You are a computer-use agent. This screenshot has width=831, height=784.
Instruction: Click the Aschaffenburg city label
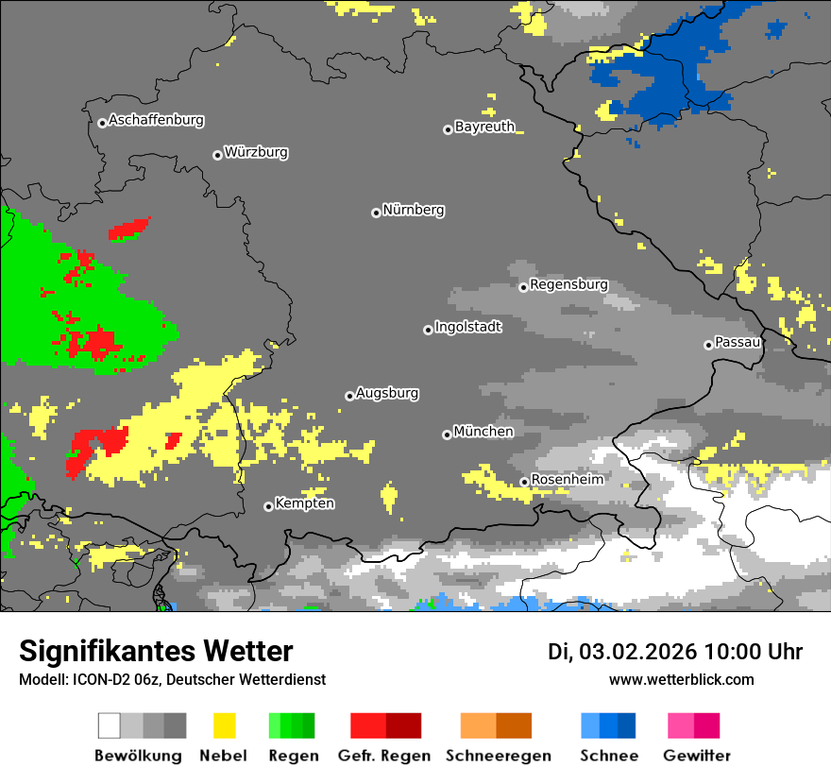[x=156, y=120]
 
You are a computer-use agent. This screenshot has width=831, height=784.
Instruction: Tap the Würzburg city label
[x=256, y=152]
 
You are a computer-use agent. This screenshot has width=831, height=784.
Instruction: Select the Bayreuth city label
[x=484, y=127]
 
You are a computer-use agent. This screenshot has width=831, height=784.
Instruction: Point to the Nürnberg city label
[x=413, y=210]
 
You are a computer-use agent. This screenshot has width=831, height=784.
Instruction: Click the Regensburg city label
[x=568, y=284]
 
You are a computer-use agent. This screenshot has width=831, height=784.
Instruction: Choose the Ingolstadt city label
[x=467, y=327]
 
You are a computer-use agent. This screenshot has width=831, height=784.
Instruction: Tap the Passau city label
[x=738, y=342]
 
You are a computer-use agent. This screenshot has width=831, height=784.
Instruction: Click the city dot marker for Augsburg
[x=349, y=396]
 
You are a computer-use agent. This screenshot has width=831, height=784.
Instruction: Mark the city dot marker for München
[x=447, y=435]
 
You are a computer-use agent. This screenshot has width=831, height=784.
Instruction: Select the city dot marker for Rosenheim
[x=524, y=483]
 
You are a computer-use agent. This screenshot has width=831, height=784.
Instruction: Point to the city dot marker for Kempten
[x=268, y=506]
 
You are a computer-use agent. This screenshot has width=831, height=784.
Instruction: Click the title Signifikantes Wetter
[x=156, y=651]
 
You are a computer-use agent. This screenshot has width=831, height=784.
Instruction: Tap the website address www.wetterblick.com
[x=681, y=679]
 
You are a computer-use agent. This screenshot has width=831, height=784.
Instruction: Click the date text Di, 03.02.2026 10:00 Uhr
[x=675, y=652]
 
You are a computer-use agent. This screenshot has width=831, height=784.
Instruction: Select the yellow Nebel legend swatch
[x=224, y=725]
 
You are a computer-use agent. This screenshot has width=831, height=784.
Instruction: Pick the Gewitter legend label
[x=697, y=756]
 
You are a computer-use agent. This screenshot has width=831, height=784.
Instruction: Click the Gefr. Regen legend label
[x=384, y=756]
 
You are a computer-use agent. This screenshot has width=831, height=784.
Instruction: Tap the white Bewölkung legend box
[x=109, y=725]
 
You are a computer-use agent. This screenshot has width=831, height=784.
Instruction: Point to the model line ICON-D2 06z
[x=172, y=679]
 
